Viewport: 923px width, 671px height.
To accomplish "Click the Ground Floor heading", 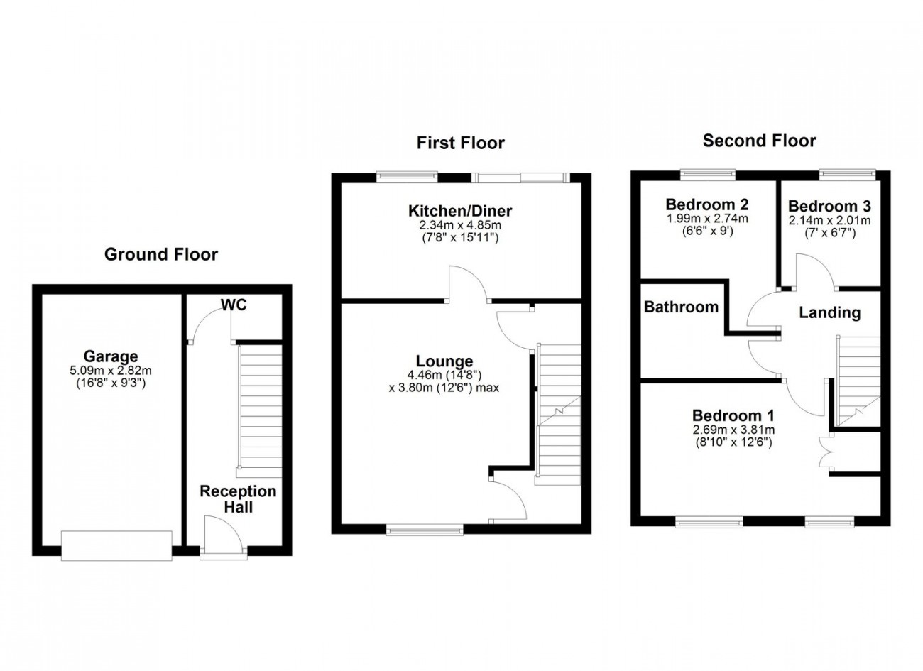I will [160, 254].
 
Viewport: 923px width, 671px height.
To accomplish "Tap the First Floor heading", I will [460, 143].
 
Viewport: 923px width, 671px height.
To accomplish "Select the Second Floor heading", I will [759, 141].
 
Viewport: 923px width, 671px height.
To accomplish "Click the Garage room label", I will [110, 356].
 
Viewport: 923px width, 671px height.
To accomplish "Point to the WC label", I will [234, 305].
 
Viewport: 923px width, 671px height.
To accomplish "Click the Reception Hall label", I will [238, 499].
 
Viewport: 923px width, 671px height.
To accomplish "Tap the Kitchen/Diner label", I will [459, 211].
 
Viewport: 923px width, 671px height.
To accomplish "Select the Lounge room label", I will [444, 361].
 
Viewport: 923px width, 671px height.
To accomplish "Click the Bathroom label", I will [681, 307].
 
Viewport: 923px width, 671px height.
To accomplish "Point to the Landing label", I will [829, 312].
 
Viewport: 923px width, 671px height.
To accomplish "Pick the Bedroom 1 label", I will [733, 415].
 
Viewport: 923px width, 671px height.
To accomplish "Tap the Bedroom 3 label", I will [829, 207].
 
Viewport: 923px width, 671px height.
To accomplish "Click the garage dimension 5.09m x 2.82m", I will [110, 370].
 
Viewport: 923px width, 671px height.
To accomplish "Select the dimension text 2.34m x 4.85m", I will [459, 225].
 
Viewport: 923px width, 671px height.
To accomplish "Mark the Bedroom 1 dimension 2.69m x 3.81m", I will [733, 430].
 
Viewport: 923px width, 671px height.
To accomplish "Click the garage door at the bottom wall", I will [116, 545].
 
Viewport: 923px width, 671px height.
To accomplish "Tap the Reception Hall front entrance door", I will [224, 538].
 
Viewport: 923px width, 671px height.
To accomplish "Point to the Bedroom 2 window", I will [707, 173].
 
